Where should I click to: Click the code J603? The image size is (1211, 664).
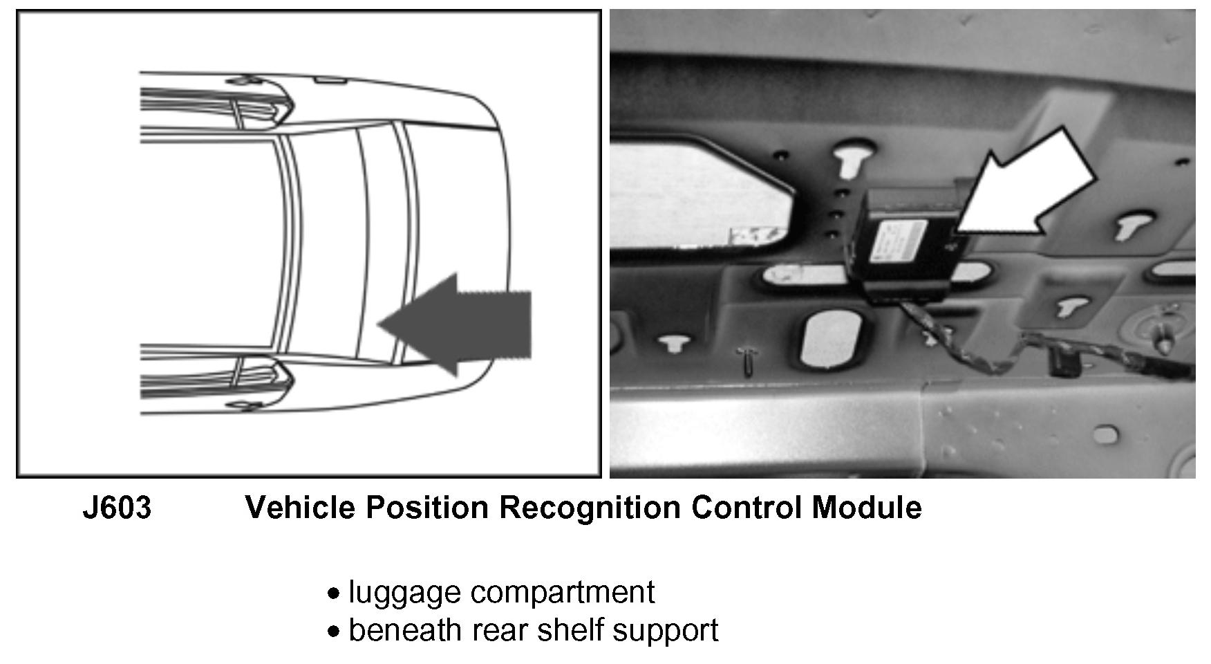click(117, 508)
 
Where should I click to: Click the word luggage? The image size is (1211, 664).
click(404, 593)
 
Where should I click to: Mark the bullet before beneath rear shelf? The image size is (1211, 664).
click(335, 631)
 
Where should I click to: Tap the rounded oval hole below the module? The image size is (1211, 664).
click(830, 338)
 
